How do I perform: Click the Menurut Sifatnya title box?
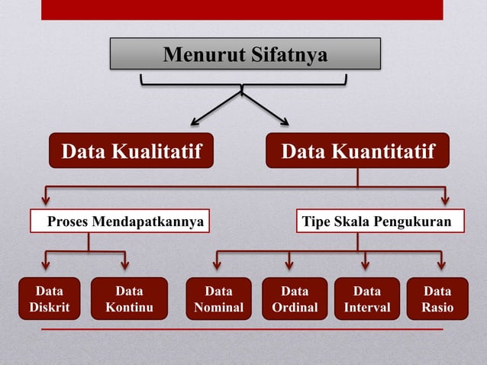click(245, 55)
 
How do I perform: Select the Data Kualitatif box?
click(131, 151)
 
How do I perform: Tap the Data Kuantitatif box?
click(357, 151)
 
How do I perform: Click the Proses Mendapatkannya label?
click(119, 222)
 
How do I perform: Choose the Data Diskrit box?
click(49, 299)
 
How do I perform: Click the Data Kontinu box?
click(129, 299)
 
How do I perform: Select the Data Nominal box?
click(218, 299)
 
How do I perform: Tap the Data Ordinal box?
click(295, 299)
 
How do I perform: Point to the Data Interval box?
click(366, 299)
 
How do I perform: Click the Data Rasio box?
click(437, 299)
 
